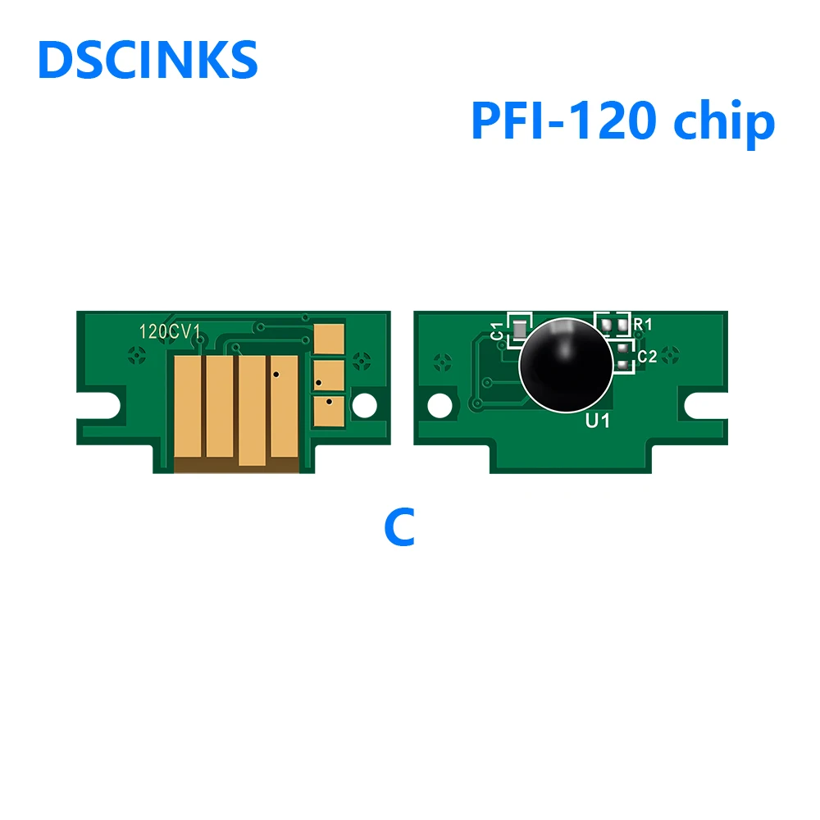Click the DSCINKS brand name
click(148, 60)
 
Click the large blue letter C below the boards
click(399, 528)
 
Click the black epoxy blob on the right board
click(565, 364)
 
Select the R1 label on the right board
click(643, 325)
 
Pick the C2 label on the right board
click(647, 356)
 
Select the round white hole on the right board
click(440, 403)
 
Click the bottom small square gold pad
click(329, 410)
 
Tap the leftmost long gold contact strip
click(188, 406)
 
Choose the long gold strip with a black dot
click(284, 406)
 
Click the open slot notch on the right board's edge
click(704, 403)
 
